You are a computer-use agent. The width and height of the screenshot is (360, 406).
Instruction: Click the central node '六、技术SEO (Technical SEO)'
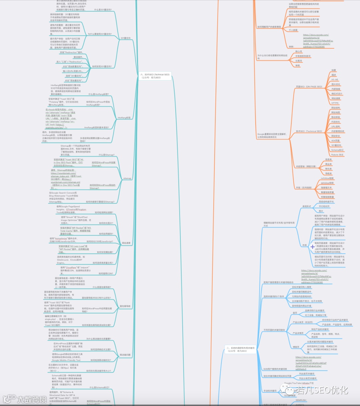coord(155,76)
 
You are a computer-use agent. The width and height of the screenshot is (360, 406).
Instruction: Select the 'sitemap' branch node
coord(127,178)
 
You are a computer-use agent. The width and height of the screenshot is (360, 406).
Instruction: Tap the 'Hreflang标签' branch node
coord(124,118)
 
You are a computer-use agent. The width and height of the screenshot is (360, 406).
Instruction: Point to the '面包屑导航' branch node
coord(125,306)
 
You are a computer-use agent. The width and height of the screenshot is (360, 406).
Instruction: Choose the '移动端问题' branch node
coord(125,355)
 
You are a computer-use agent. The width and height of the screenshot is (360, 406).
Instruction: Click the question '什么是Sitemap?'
coord(106,155)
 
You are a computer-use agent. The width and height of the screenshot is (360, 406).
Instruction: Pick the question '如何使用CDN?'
coord(106,274)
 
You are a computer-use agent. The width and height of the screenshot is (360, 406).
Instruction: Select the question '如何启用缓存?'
coord(106,234)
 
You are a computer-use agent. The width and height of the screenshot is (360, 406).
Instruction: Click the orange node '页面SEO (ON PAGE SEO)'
coord(309,87)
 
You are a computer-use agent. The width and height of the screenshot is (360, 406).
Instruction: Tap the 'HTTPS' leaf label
coord(335,103)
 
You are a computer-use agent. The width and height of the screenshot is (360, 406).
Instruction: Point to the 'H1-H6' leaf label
coord(335,80)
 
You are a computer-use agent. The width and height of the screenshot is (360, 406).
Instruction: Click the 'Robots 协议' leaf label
coord(337,155)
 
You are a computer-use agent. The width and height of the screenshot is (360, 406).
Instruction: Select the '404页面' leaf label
coord(335,141)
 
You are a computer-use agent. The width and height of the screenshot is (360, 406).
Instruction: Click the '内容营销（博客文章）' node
coord(306,166)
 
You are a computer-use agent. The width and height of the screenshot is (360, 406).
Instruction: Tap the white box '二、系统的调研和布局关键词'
coord(240,349)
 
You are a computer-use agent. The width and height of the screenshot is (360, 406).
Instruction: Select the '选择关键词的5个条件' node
coord(274,296)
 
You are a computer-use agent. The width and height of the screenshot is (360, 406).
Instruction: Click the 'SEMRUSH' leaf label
coord(301,400)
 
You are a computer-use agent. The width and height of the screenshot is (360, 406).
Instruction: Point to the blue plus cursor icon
coord(312,247)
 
